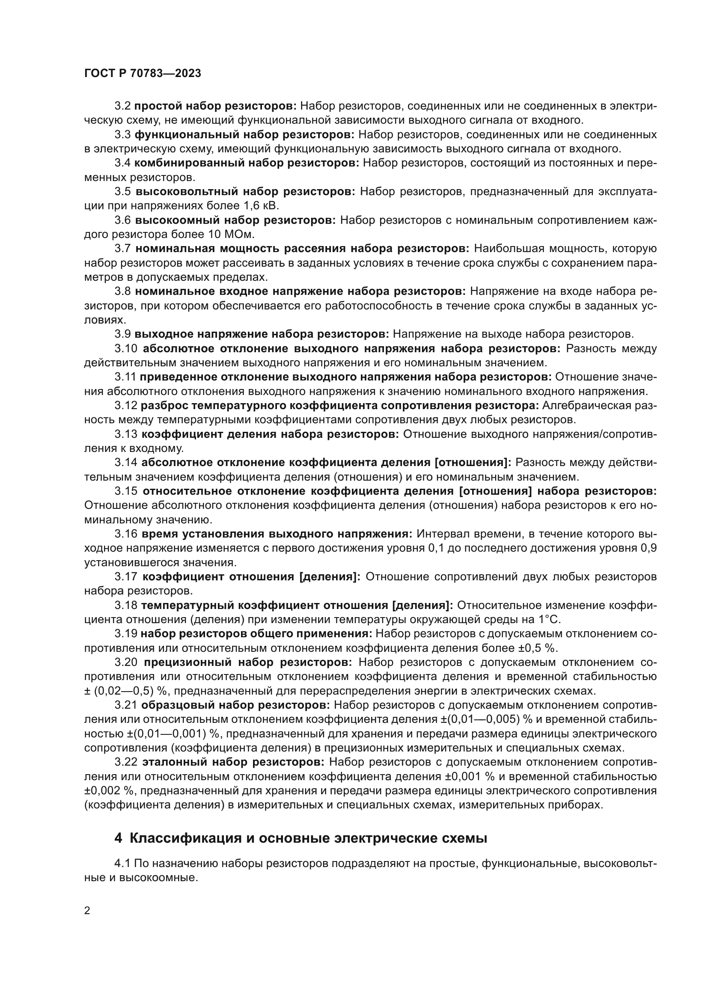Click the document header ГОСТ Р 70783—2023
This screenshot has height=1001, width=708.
(143, 73)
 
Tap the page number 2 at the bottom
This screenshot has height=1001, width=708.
(87, 911)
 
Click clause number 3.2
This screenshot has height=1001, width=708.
(122, 106)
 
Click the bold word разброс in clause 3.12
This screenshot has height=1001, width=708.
(164, 405)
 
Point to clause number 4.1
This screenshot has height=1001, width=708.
(122, 863)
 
